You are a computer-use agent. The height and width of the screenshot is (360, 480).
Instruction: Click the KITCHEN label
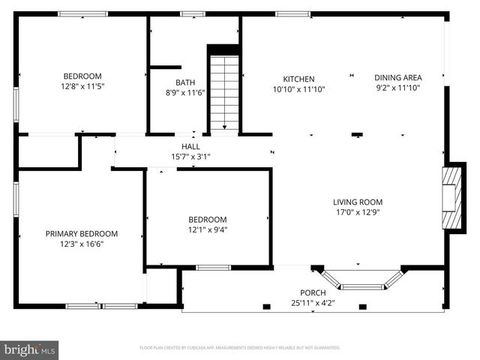click(x=298, y=79)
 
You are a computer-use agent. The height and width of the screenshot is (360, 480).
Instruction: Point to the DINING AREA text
click(x=398, y=77)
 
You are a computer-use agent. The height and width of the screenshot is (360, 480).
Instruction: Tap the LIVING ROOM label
click(x=358, y=202)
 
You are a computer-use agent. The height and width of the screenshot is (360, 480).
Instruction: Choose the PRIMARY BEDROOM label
click(x=81, y=234)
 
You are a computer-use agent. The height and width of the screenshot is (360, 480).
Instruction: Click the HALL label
click(x=190, y=147)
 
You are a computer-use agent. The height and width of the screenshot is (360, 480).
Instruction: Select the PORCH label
click(x=312, y=292)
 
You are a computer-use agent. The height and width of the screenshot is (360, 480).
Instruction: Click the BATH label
click(x=184, y=82)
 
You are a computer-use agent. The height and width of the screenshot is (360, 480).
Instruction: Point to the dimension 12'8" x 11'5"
click(x=82, y=86)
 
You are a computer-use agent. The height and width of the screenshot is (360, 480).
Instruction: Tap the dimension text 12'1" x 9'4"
click(x=207, y=229)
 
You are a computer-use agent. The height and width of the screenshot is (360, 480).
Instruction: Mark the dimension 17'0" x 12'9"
click(x=358, y=212)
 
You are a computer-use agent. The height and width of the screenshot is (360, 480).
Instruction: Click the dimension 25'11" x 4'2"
click(x=312, y=303)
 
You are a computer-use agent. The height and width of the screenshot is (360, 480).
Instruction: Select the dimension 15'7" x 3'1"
click(x=190, y=157)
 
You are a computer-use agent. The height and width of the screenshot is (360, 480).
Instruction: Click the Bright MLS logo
click(x=30, y=349)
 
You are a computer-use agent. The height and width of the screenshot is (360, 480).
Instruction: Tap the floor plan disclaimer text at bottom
click(x=240, y=348)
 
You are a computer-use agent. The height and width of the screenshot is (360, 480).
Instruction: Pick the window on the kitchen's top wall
click(x=292, y=13)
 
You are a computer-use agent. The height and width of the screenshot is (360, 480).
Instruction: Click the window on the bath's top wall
click(x=193, y=13)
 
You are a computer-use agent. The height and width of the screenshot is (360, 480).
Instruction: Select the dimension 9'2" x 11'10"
click(x=398, y=88)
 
